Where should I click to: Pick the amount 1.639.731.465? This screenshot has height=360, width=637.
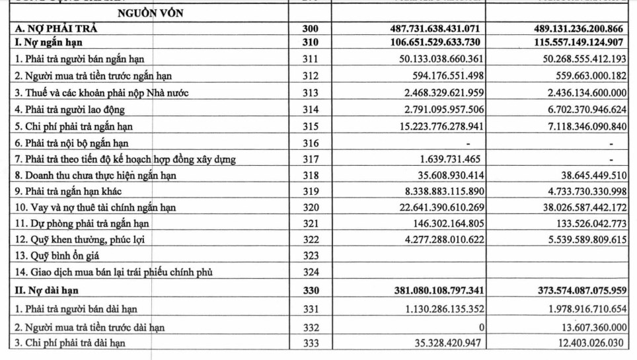[x=451, y=159]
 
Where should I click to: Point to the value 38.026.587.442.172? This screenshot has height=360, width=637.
[x=574, y=207]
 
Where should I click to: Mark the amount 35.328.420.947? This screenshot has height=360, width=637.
[x=438, y=343]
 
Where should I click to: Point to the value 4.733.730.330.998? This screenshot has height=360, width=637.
[x=576, y=192]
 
